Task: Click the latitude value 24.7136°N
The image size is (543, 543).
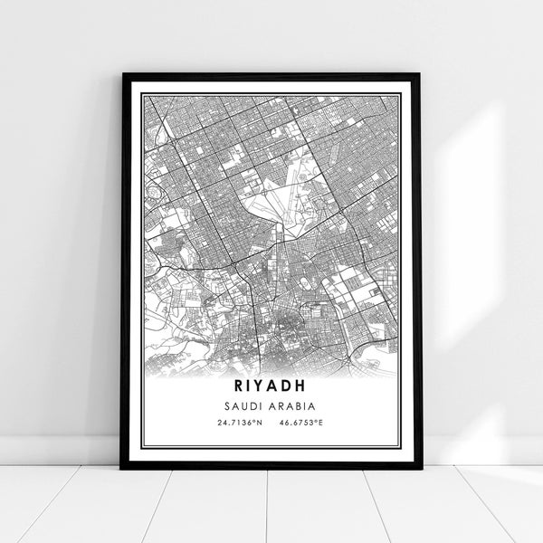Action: tap(238, 423)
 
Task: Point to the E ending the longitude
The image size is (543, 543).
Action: tap(323, 423)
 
